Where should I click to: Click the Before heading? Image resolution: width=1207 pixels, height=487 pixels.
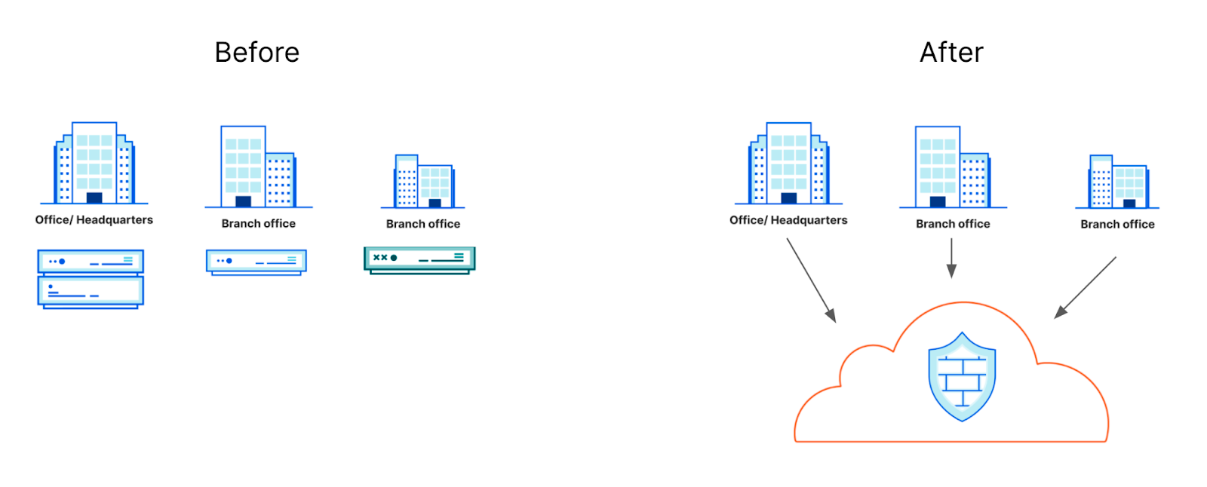click(256, 53)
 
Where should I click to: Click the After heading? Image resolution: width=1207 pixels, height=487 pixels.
click(951, 53)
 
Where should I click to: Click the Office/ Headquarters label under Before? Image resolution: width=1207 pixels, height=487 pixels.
click(94, 220)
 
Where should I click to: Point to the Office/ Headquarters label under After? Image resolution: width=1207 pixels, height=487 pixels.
click(788, 220)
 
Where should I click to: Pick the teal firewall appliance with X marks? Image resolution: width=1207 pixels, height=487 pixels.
click(419, 259)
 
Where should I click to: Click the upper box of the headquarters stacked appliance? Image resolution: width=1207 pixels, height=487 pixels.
click(91, 262)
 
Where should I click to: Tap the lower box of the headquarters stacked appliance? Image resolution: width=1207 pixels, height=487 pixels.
click(91, 291)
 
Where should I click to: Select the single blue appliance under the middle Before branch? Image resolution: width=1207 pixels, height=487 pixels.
click(256, 262)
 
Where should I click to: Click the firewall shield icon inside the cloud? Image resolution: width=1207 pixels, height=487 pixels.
click(962, 376)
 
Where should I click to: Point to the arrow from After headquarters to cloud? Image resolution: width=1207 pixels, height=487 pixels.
click(811, 280)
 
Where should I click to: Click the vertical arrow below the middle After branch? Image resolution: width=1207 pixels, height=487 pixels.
click(952, 259)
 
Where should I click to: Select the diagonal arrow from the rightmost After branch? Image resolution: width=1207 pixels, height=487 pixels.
click(1086, 287)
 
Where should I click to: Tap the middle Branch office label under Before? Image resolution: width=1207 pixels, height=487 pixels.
click(259, 224)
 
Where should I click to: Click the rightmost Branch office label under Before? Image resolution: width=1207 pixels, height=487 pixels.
click(423, 224)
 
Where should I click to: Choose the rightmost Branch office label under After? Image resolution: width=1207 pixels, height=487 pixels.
click(1117, 225)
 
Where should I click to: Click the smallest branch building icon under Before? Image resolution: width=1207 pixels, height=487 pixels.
click(423, 182)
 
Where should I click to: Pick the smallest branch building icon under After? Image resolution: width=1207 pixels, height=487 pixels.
click(1118, 182)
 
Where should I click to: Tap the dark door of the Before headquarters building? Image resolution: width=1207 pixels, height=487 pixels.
click(94, 198)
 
